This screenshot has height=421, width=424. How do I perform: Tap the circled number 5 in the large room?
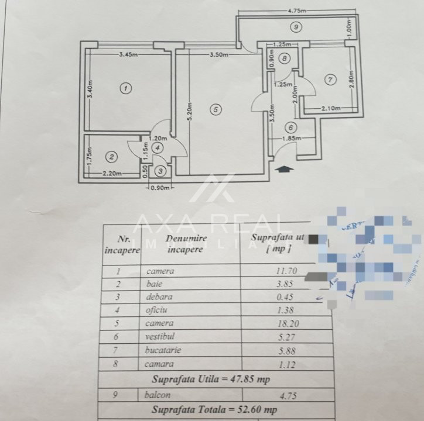coord(216,109)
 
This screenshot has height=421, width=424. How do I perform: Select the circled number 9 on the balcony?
coord(297,27)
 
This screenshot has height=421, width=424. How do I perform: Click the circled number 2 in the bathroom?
coord(112,157)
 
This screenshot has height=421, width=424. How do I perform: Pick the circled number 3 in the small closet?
coord(160,172)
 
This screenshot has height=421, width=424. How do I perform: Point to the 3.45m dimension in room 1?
coord(128,55)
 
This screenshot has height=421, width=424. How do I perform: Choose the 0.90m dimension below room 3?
coord(159,188)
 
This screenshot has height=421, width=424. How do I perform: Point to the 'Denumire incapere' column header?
coord(185,243)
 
